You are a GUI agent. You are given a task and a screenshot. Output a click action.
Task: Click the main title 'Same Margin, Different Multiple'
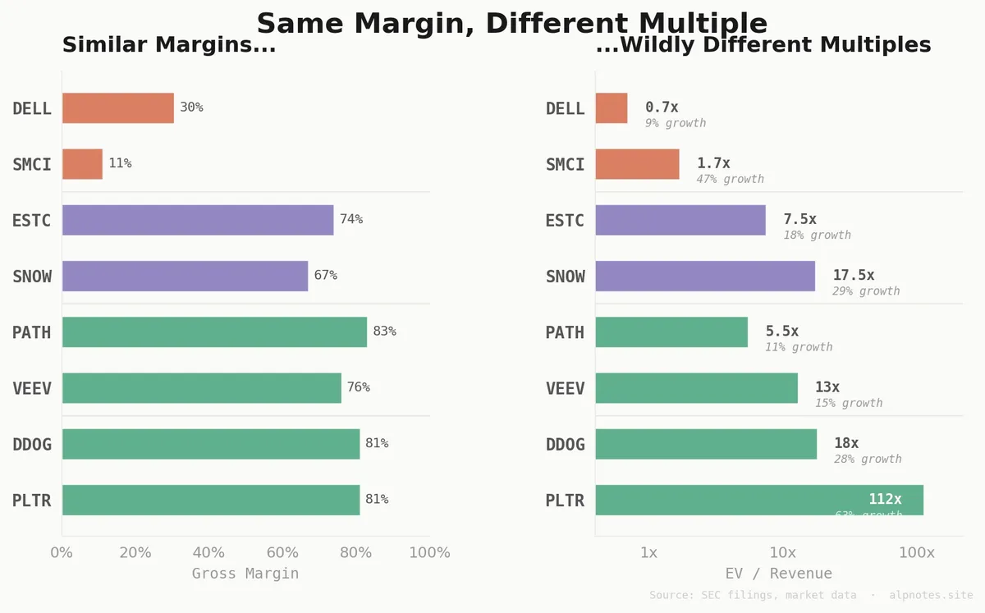[x=511, y=23]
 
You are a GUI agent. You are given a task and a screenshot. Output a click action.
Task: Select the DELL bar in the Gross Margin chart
[x=117, y=108]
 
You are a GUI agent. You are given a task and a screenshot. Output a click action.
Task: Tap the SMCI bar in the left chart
[x=82, y=163]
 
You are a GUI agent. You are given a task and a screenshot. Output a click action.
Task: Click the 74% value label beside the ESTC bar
[x=351, y=219]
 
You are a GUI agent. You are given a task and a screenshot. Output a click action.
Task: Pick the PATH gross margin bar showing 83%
[x=214, y=332]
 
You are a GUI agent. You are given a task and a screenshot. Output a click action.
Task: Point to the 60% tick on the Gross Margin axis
[x=282, y=552]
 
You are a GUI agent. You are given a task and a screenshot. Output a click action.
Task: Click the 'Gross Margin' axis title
[x=245, y=574]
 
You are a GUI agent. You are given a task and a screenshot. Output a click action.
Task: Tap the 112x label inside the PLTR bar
[x=885, y=499]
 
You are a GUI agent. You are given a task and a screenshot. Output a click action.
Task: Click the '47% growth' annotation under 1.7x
[x=730, y=179]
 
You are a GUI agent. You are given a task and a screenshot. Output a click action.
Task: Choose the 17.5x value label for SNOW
[x=853, y=275]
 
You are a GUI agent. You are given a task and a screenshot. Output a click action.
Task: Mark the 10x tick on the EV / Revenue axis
[x=782, y=552]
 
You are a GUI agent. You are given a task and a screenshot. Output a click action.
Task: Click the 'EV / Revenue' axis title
[x=778, y=574]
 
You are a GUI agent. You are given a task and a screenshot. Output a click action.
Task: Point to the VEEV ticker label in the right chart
[x=565, y=388]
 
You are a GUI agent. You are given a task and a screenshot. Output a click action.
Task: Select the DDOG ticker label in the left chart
[x=32, y=444]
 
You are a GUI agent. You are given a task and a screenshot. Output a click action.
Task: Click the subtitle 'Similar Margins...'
[x=168, y=45]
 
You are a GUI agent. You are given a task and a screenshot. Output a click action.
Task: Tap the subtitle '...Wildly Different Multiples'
[x=763, y=45]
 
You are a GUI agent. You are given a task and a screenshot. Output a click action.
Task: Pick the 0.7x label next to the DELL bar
[x=662, y=107]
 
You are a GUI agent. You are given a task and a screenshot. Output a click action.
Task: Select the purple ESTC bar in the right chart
[x=680, y=219]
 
